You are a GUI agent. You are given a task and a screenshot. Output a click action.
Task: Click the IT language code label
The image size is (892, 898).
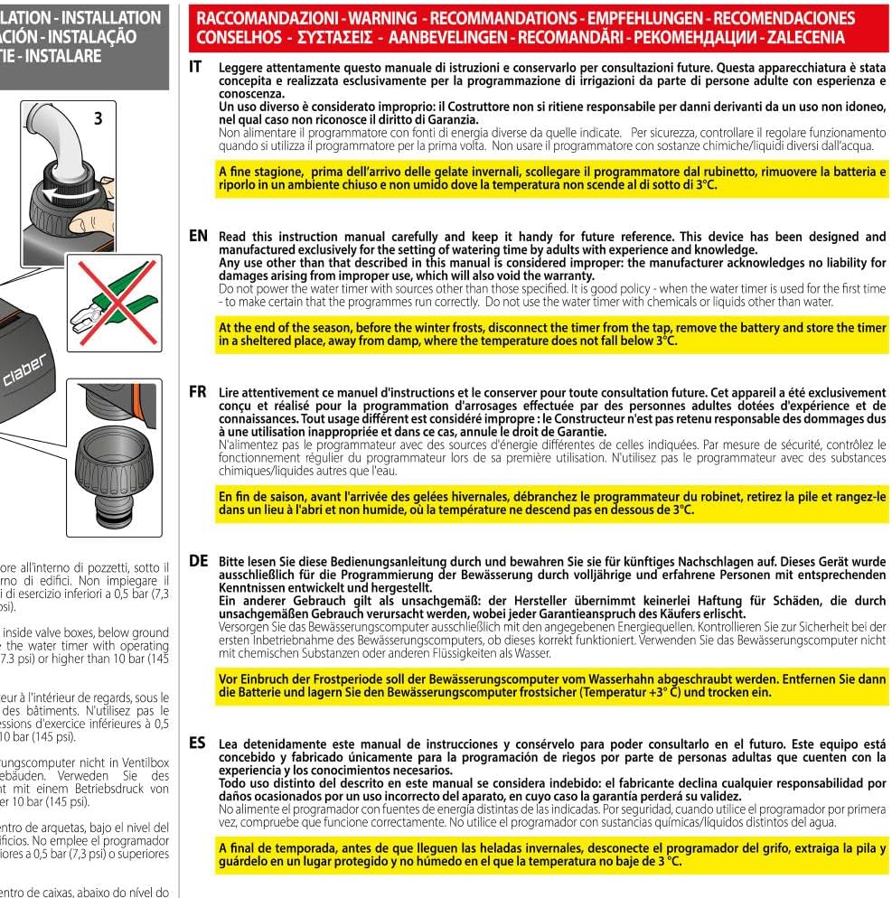(196, 67)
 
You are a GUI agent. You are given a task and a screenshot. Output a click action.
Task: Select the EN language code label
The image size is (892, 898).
(198, 236)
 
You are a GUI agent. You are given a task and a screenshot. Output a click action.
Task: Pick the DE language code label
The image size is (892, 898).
(199, 560)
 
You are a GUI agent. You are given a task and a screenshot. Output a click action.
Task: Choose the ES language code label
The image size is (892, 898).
(197, 743)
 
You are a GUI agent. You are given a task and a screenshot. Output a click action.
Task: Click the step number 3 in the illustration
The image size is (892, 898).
(98, 118)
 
